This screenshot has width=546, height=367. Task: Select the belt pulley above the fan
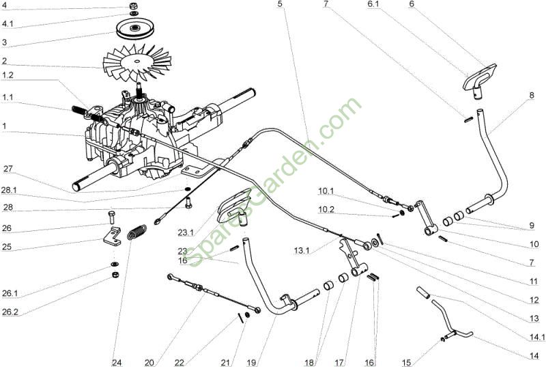click(133, 29)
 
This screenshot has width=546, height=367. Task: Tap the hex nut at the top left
click(133, 6)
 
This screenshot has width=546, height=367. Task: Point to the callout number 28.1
click(9, 191)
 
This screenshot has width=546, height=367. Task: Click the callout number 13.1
click(302, 250)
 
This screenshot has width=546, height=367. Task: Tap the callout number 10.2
click(326, 209)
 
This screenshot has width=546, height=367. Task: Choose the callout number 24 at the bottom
click(117, 362)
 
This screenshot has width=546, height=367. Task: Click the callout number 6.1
click(375, 5)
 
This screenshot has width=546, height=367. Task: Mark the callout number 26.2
click(10, 312)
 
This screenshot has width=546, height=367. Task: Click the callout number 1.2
click(8, 75)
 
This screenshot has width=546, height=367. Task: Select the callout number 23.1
click(186, 232)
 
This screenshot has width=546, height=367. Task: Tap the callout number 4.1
click(8, 24)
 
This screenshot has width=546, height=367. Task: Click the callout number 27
click(8, 169)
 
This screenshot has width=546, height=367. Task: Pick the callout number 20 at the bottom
click(149, 362)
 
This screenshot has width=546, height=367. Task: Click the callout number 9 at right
click(532, 226)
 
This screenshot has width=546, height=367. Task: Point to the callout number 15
click(406, 362)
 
